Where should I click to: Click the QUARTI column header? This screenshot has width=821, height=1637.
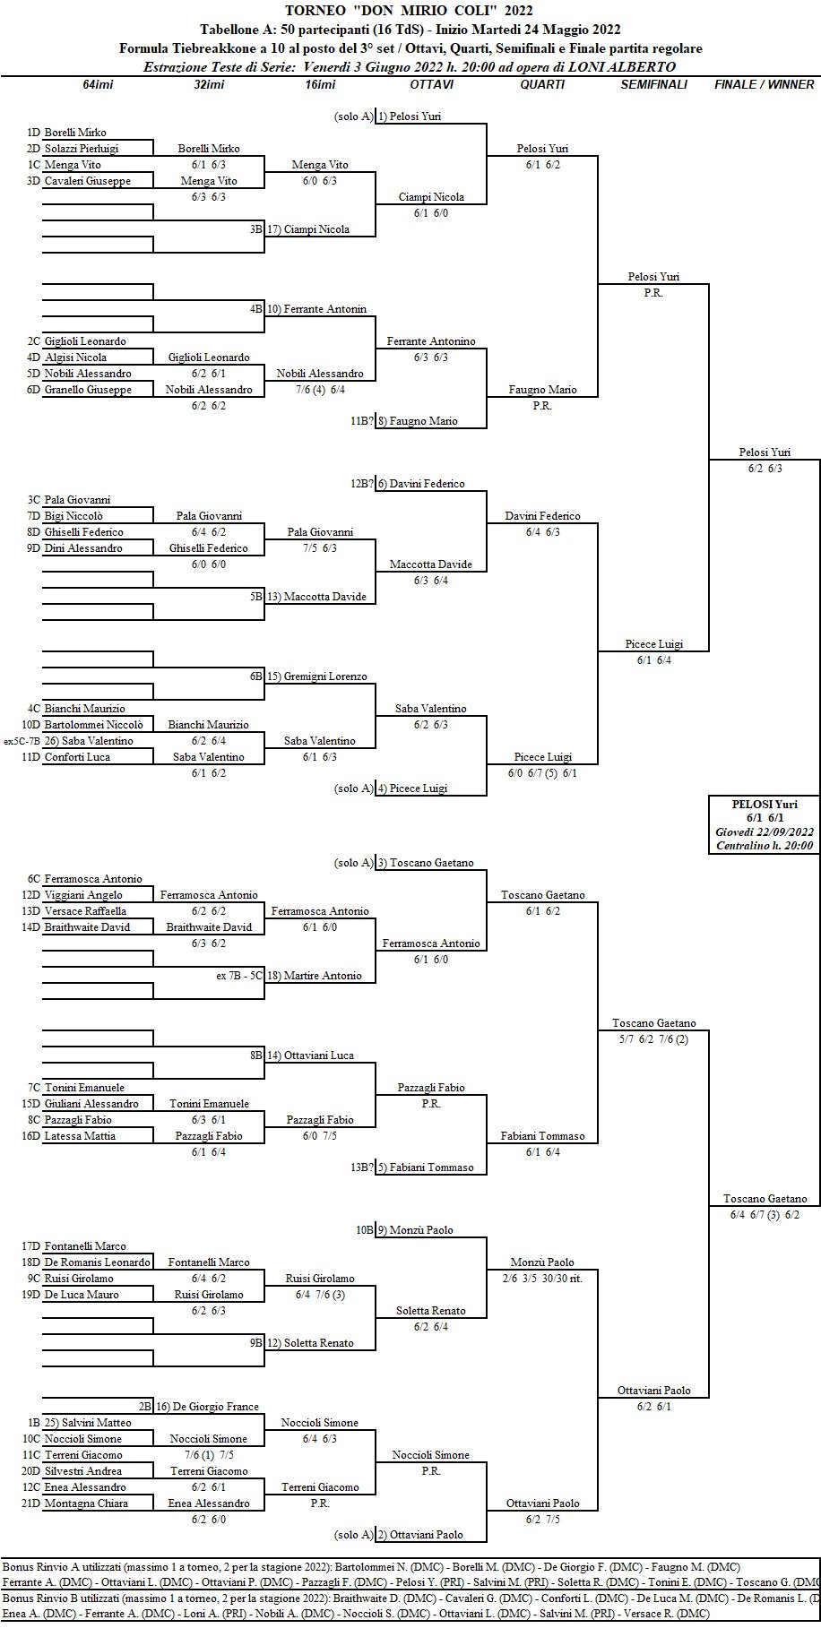pyautogui.click(x=542, y=84)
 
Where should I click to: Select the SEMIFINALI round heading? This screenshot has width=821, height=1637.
pyautogui.click(x=653, y=84)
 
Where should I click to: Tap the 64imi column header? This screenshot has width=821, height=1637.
pyautogui.click(x=98, y=84)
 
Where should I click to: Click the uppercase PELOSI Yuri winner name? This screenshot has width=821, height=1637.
pyautogui.click(x=765, y=804)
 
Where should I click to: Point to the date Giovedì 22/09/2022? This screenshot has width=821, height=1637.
pyautogui.click(x=765, y=831)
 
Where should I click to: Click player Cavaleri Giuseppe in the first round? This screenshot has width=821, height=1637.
pyautogui.click(x=87, y=181)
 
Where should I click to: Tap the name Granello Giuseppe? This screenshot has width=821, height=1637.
pyautogui.click(x=88, y=390)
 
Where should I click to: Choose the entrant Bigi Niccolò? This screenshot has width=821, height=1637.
pyautogui.click(x=73, y=516)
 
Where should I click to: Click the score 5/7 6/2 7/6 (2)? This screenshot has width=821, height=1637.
pyautogui.click(x=653, y=1039)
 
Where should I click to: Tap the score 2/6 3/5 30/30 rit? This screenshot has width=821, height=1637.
pyautogui.click(x=542, y=1279)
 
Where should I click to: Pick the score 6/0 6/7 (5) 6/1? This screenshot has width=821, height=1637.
pyautogui.click(x=542, y=773)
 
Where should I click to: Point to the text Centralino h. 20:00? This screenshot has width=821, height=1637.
pyautogui.click(x=765, y=845)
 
